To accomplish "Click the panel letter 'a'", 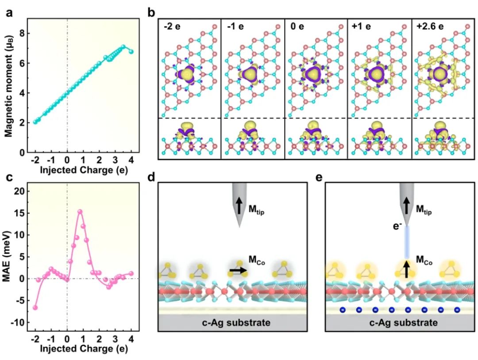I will [x=8, y=13].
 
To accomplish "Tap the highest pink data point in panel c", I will [x=80, y=212].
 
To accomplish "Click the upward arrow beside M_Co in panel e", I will [x=405, y=269].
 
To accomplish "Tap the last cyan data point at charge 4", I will [x=131, y=52].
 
